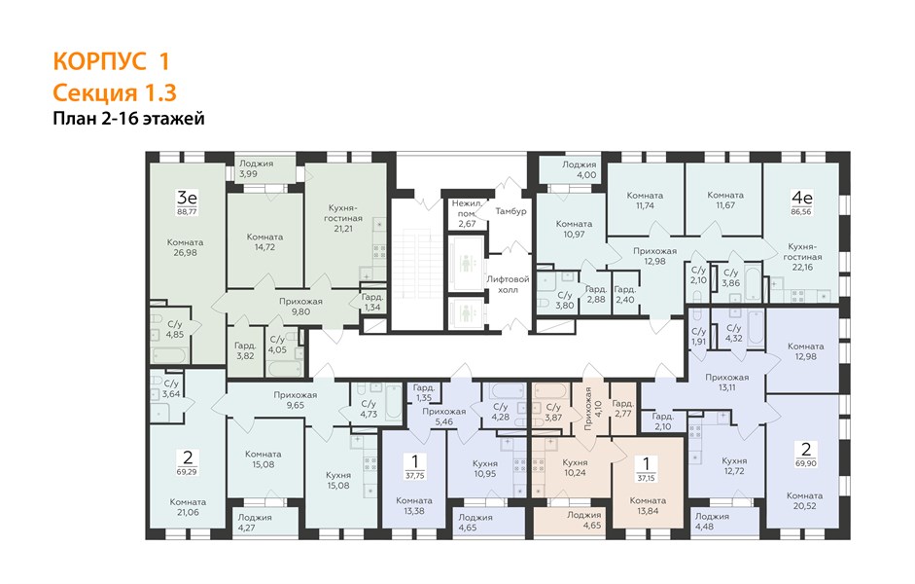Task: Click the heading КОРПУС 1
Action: coord(111,60)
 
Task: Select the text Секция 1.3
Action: coord(115,92)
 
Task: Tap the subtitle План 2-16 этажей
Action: coord(128,118)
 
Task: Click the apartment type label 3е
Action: coord(187,198)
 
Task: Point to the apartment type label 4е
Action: coord(801,198)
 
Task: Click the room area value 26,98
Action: coord(185,253)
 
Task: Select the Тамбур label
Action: coord(510,211)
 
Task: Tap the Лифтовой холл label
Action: coord(508,284)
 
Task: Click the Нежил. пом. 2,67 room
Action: coord(467,213)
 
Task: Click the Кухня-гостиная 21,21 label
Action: coord(343,218)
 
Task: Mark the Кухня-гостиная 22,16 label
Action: coord(802,256)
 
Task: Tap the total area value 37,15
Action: coord(646,478)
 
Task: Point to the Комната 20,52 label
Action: coord(804,500)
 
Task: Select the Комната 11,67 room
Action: coord(724,200)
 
